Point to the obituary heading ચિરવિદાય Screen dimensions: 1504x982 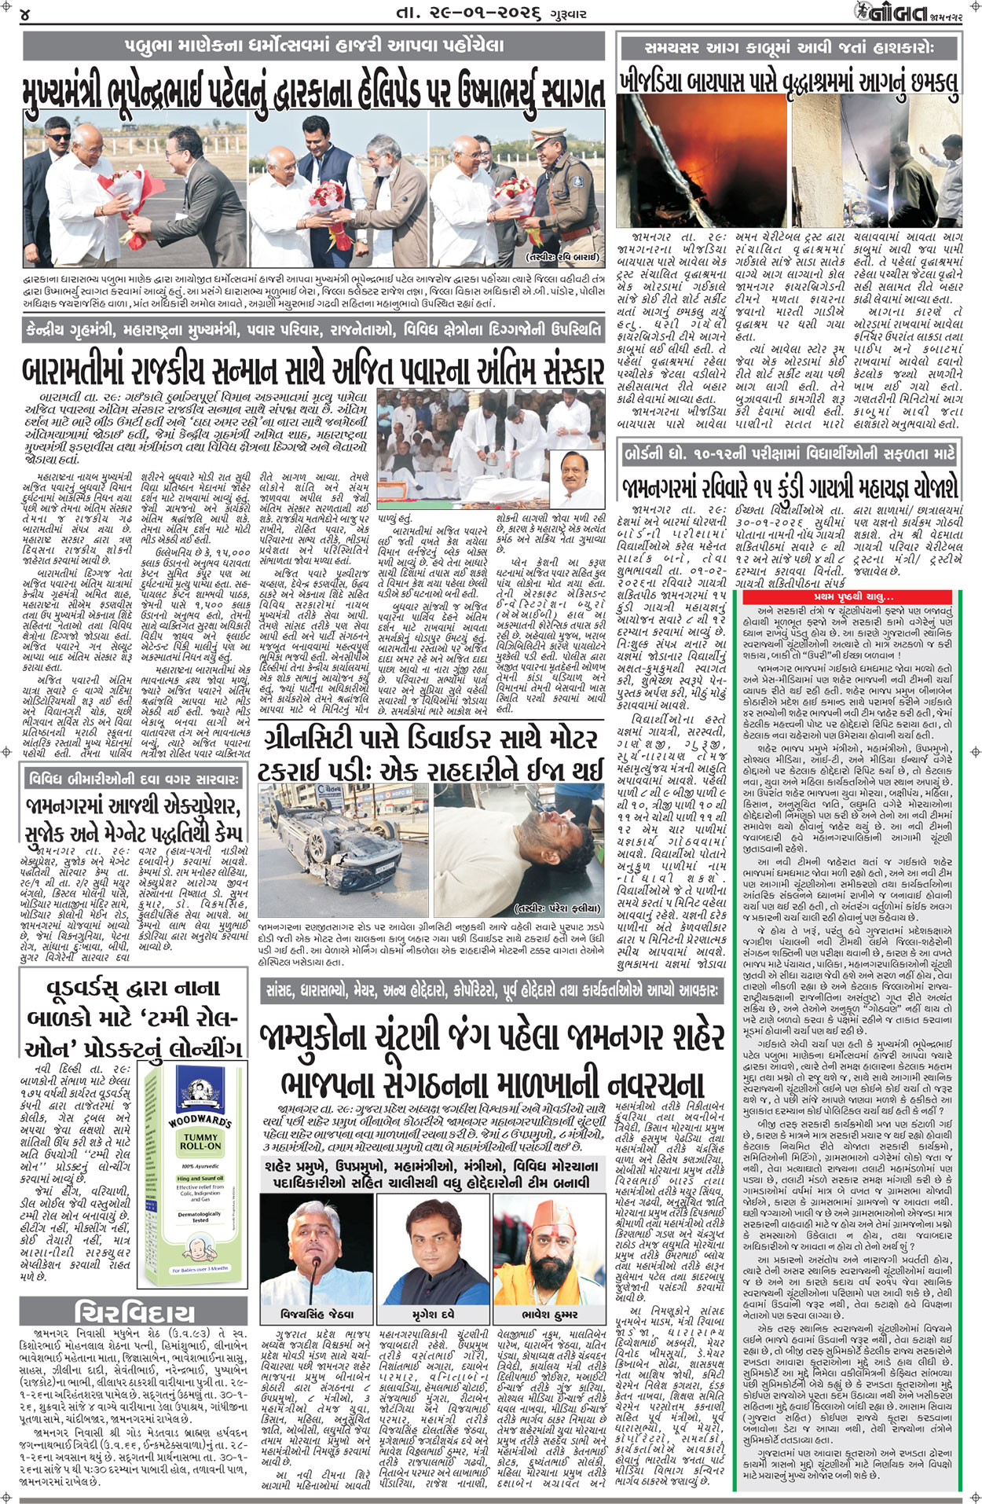tap(135, 1311)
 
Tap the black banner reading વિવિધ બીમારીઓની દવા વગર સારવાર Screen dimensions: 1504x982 tap(133, 780)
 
